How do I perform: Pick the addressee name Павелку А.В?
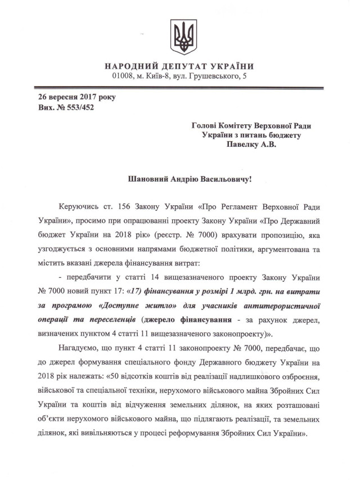point(251,145)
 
